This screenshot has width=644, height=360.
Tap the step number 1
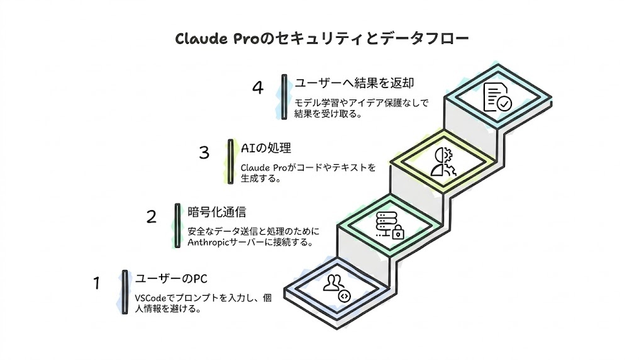pyautogui.click(x=97, y=284)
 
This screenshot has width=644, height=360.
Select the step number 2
pyautogui.click(x=152, y=217)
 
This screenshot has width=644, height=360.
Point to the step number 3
pyautogui.click(x=204, y=153)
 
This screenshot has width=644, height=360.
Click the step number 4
pyautogui.click(x=257, y=87)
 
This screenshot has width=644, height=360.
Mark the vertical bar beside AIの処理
pyautogui.click(x=230, y=161)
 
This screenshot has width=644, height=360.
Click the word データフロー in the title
pyautogui.click(x=433, y=39)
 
